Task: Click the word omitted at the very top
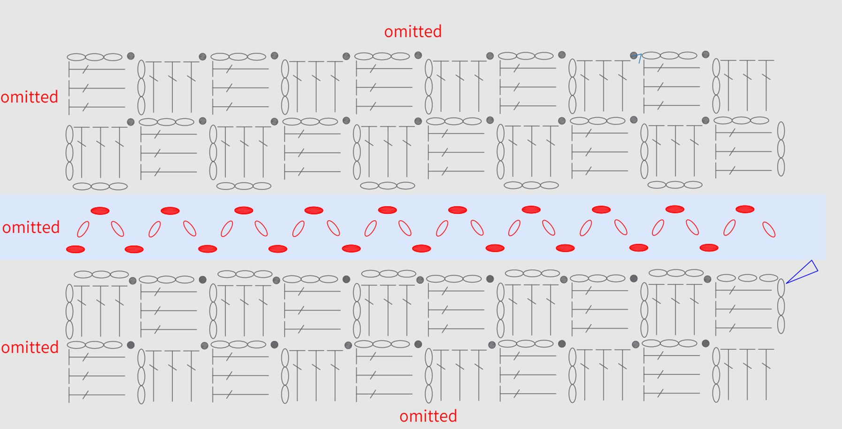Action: point(413,31)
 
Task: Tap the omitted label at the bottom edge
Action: point(428,416)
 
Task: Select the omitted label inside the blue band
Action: point(31,227)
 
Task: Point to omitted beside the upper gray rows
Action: point(29,97)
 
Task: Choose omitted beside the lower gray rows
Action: point(30,347)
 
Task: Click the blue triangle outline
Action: point(803,271)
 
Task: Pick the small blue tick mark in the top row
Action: point(637,57)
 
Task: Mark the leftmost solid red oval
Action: point(76,249)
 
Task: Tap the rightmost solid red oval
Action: point(745,209)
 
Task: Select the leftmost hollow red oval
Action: point(83,229)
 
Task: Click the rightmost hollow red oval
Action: point(769,230)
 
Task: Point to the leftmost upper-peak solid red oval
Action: point(100,211)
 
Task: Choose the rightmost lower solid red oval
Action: point(709,248)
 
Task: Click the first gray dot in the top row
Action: point(131,56)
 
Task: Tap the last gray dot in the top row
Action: point(705,54)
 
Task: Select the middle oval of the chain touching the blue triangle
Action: point(781,306)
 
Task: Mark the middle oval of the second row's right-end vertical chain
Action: point(781,149)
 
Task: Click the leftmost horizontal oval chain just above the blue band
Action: point(100,187)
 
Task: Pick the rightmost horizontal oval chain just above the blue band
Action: point(675,185)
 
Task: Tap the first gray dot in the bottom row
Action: point(131,345)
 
